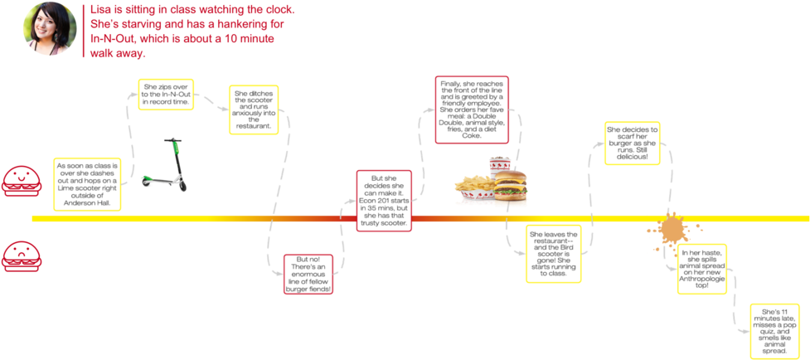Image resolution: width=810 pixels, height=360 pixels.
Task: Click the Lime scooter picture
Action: pyautogui.click(x=163, y=165)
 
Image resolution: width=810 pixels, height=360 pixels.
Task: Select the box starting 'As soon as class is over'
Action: pyautogui.click(x=87, y=183)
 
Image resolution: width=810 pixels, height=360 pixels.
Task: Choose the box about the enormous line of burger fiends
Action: pyautogui.click(x=308, y=275)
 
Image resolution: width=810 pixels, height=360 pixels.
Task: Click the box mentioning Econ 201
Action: pyautogui.click(x=383, y=200)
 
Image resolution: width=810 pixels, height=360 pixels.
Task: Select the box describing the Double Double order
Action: pyautogui.click(x=471, y=109)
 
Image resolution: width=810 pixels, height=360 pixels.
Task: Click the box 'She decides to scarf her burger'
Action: pyautogui.click(x=632, y=143)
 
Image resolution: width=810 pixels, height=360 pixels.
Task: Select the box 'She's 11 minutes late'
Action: pyautogui.click(x=775, y=331)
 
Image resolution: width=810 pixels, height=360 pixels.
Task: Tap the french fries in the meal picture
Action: pyautogui.click(x=471, y=189)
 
